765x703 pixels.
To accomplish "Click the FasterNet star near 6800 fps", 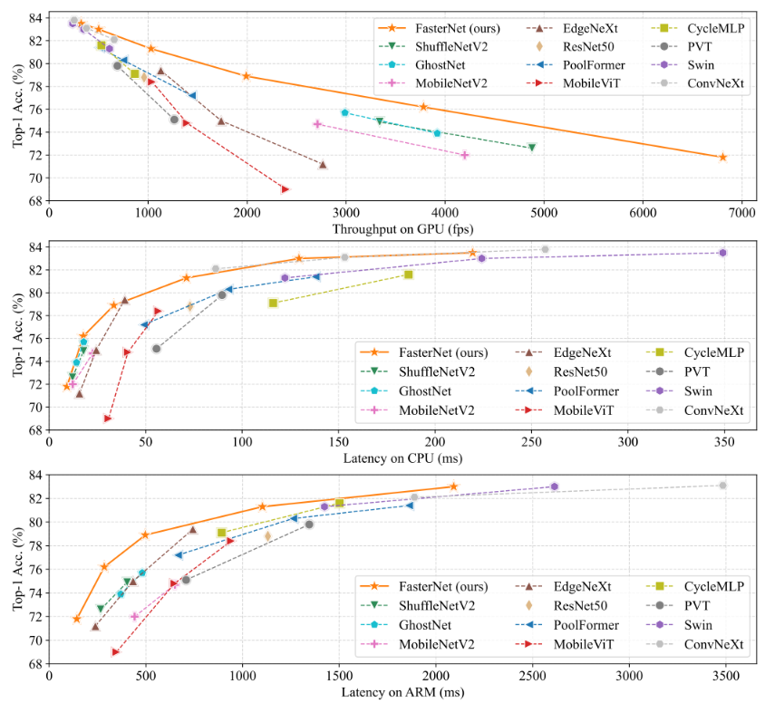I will pyautogui.click(x=722, y=157).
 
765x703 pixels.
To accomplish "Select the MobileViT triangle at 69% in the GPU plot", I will pyautogui.click(x=286, y=189).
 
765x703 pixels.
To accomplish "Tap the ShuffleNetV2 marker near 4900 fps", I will pyautogui.click(x=531, y=147).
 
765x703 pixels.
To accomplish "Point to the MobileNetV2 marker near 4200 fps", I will pyautogui.click(x=465, y=155).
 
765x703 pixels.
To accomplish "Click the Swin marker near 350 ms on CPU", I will pyautogui.click(x=722, y=253).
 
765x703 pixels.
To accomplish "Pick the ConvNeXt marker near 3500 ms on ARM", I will pyautogui.click(x=722, y=486).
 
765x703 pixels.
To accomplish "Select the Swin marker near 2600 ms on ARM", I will pyautogui.click(x=555, y=486).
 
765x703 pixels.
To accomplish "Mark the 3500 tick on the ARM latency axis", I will pyautogui.click(x=722, y=676).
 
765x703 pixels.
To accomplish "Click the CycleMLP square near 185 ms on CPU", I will pyautogui.click(x=409, y=274).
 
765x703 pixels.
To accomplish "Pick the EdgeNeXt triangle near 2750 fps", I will pyautogui.click(x=323, y=164).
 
